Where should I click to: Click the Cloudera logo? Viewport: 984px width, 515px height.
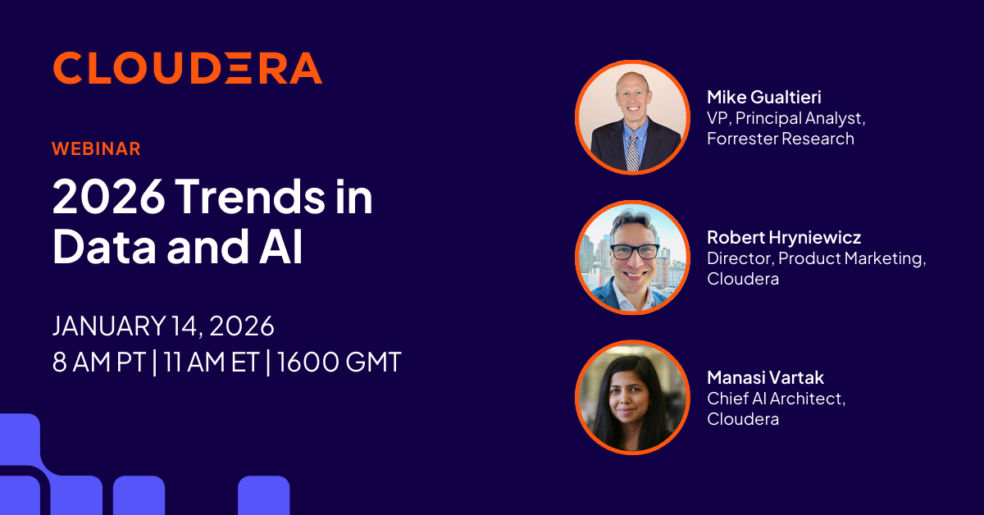pyautogui.click(x=187, y=68)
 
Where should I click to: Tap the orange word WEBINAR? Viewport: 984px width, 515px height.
pyautogui.click(x=96, y=148)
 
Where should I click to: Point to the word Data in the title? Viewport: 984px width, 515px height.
pyautogui.click(x=102, y=248)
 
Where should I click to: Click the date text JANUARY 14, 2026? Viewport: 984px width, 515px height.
pyautogui.click(x=163, y=326)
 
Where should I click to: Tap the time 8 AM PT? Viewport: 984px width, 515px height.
pyautogui.click(x=99, y=362)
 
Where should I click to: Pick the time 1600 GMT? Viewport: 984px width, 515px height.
pyautogui.click(x=339, y=362)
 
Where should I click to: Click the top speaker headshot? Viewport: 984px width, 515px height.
pyautogui.click(x=632, y=116)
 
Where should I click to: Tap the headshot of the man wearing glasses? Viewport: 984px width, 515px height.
pyautogui.click(x=632, y=257)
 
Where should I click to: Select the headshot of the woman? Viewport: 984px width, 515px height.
pyautogui.click(x=632, y=397)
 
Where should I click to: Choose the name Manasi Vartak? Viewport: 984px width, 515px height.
pyautogui.click(x=765, y=378)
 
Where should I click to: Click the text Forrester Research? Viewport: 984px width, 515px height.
pyautogui.click(x=781, y=139)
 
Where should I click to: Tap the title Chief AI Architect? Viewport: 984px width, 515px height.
pyautogui.click(x=776, y=399)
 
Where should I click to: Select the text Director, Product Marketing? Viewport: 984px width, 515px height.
pyautogui.click(x=816, y=258)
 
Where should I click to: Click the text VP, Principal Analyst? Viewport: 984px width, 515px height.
pyautogui.click(x=786, y=118)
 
